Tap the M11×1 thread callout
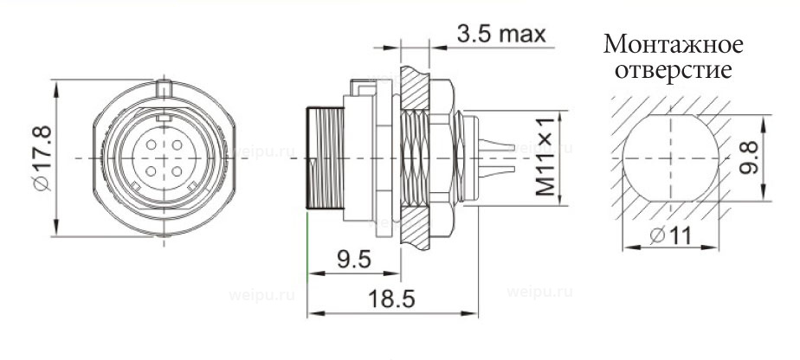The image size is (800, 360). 543,162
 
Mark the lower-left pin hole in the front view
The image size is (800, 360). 150,171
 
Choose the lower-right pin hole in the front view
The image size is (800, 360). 176,171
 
